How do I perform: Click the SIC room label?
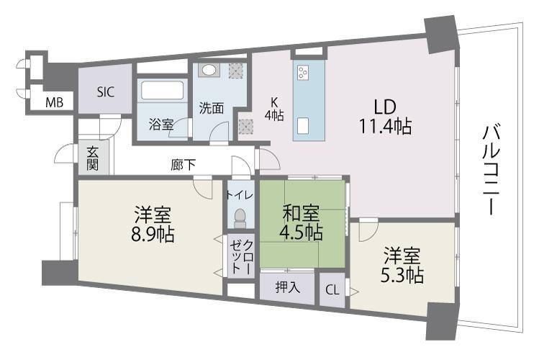tap(105, 92)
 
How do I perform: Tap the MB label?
tap(54, 102)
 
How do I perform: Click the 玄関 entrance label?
tap(93, 158)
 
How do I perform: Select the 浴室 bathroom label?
tap(160, 124)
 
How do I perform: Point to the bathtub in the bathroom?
tap(163, 93)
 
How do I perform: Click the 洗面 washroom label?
tap(211, 109)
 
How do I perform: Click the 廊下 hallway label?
tap(184, 165)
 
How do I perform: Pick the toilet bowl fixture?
tap(240, 216)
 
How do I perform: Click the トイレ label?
tap(240, 194)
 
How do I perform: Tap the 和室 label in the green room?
tap(300, 214)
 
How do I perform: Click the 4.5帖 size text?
tap(300, 233)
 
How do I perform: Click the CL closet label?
tap(331, 290)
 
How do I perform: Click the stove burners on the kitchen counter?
tap(302, 73)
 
